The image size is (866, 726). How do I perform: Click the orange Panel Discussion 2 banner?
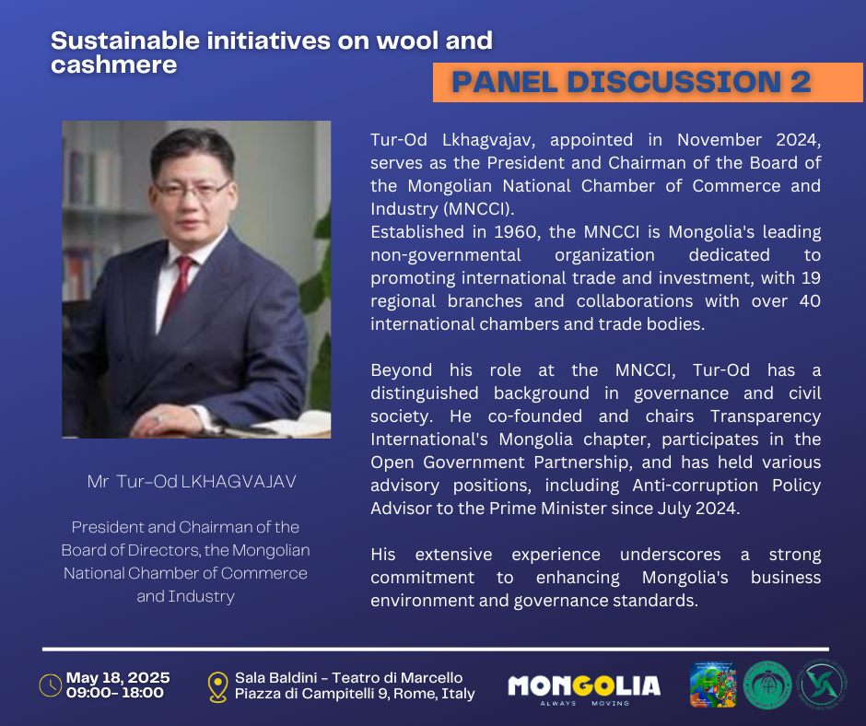[648, 82]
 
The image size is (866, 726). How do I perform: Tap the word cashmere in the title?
[113, 64]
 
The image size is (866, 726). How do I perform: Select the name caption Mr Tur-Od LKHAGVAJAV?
[192, 481]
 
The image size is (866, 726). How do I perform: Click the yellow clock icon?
[51, 685]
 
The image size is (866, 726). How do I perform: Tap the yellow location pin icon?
[217, 686]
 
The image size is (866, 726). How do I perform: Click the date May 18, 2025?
[118, 677]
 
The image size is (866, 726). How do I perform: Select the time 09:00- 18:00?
[115, 693]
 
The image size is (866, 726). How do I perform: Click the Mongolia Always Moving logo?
[584, 689]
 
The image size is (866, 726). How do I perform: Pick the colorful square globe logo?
[713, 685]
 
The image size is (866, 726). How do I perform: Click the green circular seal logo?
[767, 685]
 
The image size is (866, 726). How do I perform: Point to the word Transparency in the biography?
[766, 416]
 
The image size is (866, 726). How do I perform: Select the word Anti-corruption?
[696, 486]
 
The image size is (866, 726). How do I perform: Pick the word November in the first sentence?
[720, 140]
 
